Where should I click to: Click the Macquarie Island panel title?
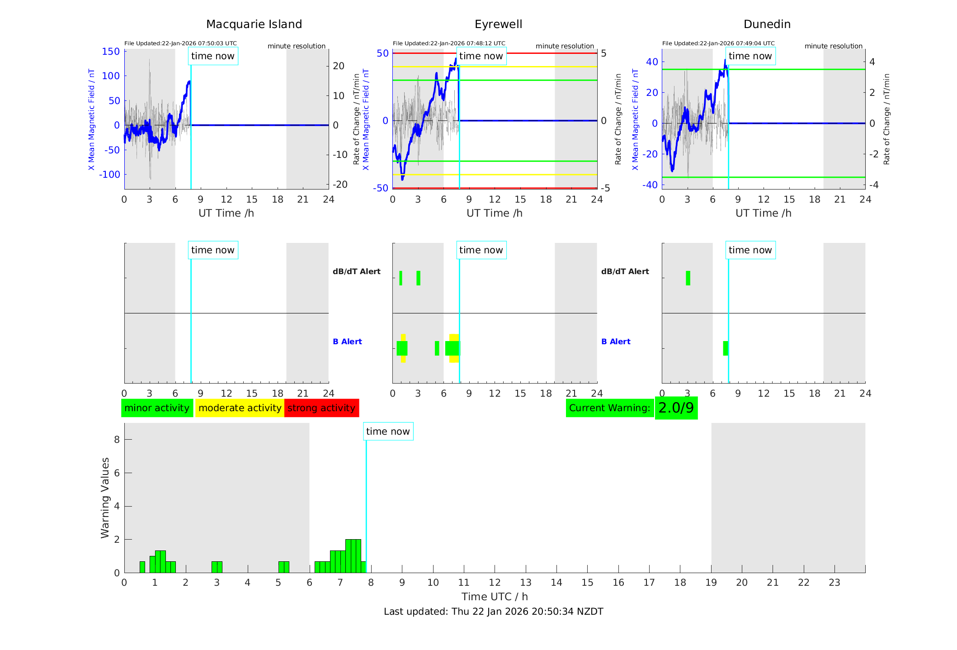[x=254, y=24]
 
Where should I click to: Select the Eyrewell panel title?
[x=498, y=24]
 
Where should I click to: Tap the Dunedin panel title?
[x=767, y=24]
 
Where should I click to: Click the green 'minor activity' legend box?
[x=157, y=408]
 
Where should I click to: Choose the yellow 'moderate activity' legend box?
[x=240, y=408]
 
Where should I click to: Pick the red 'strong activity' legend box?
[x=321, y=408]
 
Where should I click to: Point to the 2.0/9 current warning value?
[x=676, y=408]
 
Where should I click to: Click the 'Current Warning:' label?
[x=609, y=408]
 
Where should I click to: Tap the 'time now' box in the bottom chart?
[x=388, y=432]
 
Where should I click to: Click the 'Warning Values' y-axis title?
[x=105, y=498]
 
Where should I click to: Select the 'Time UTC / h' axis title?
[x=495, y=597]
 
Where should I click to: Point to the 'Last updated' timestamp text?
[x=493, y=612]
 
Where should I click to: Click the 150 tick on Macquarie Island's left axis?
[x=111, y=52]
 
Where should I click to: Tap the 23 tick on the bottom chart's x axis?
[x=834, y=583]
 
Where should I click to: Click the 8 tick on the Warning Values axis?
[x=117, y=440]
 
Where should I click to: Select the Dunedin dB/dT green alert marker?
[x=688, y=278]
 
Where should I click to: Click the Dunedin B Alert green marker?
[x=726, y=348]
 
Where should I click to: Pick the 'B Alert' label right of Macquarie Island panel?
[x=347, y=342]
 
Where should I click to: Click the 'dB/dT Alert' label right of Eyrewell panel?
[x=625, y=271]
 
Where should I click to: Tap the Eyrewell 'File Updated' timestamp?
[x=449, y=43]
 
